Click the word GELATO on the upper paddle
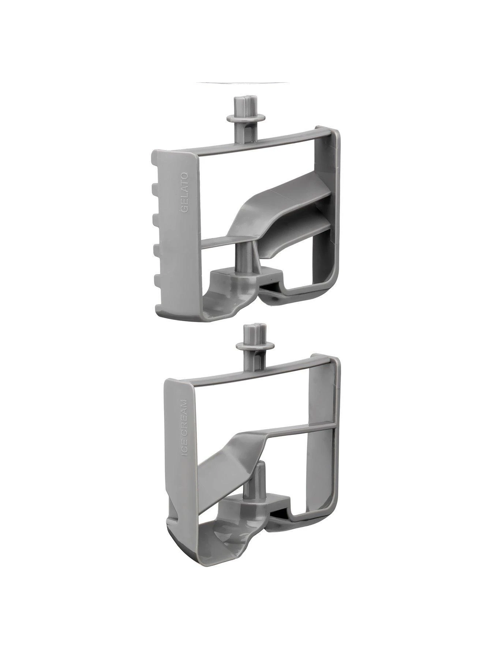(185, 193)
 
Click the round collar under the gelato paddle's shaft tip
(242, 118)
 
